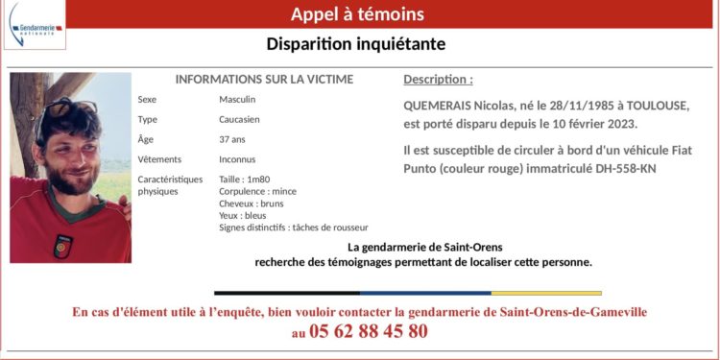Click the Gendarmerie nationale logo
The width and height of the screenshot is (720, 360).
tap(35, 25)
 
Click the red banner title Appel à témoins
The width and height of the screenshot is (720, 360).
tap(357, 14)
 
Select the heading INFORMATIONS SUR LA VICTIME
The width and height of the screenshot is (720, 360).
tap(264, 80)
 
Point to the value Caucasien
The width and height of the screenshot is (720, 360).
tap(240, 120)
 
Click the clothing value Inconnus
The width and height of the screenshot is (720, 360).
tap(237, 159)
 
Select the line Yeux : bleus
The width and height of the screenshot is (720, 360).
tap(243, 216)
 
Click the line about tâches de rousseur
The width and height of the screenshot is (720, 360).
tap(294, 228)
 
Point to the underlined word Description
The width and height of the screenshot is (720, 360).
tap(437, 80)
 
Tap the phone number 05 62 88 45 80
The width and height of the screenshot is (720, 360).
tap(369, 331)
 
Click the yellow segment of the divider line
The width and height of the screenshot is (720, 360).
tap(546, 293)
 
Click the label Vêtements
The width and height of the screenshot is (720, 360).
tap(158, 159)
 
